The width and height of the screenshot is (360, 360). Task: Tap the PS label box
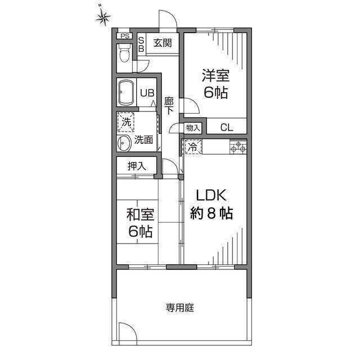(x=124, y=37)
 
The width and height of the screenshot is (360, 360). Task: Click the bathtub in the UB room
(x=125, y=92)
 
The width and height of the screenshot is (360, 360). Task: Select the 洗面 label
(x=143, y=140)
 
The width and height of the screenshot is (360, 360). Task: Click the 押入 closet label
(x=137, y=166)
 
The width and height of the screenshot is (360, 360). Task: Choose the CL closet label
(x=226, y=127)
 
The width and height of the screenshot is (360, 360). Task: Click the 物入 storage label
(x=193, y=128)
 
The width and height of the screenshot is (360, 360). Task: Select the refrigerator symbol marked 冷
(x=192, y=147)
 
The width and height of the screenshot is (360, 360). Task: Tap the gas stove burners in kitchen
(x=238, y=147)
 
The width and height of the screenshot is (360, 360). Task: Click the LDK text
(x=211, y=196)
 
